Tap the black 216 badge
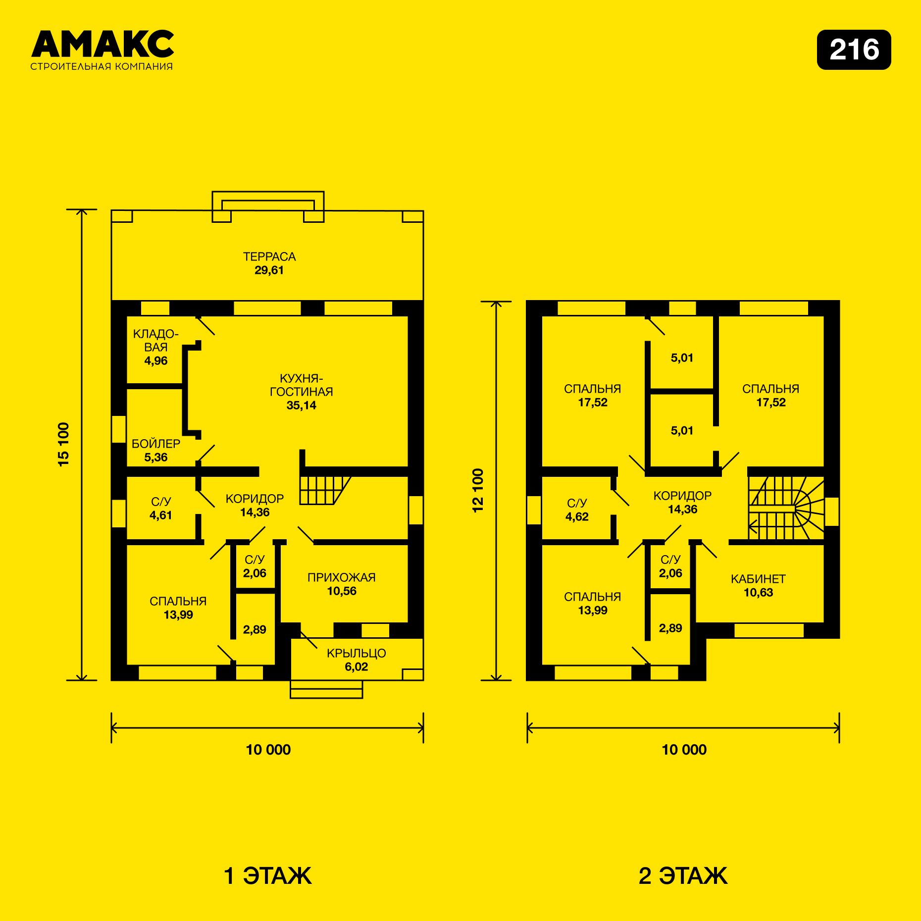pyautogui.click(x=854, y=50)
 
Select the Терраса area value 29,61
pyautogui.click(x=269, y=270)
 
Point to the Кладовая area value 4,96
pyautogui.click(x=156, y=361)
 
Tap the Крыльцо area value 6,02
pyautogui.click(x=357, y=667)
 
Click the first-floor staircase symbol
pyautogui.click(x=325, y=490)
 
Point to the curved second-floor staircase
pyautogui.click(x=786, y=508)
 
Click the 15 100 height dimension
pyautogui.click(x=64, y=444)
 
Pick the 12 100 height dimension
pyautogui.click(x=478, y=491)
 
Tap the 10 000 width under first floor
pyautogui.click(x=268, y=750)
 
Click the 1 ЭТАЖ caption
pyautogui.click(x=268, y=875)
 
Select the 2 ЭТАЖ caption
pyautogui.click(x=683, y=875)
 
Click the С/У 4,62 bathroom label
pyautogui.click(x=577, y=510)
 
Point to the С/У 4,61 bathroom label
pyautogui.click(x=161, y=509)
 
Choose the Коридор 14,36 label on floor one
pyautogui.click(x=255, y=506)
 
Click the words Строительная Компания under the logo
pyautogui.click(x=102, y=66)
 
